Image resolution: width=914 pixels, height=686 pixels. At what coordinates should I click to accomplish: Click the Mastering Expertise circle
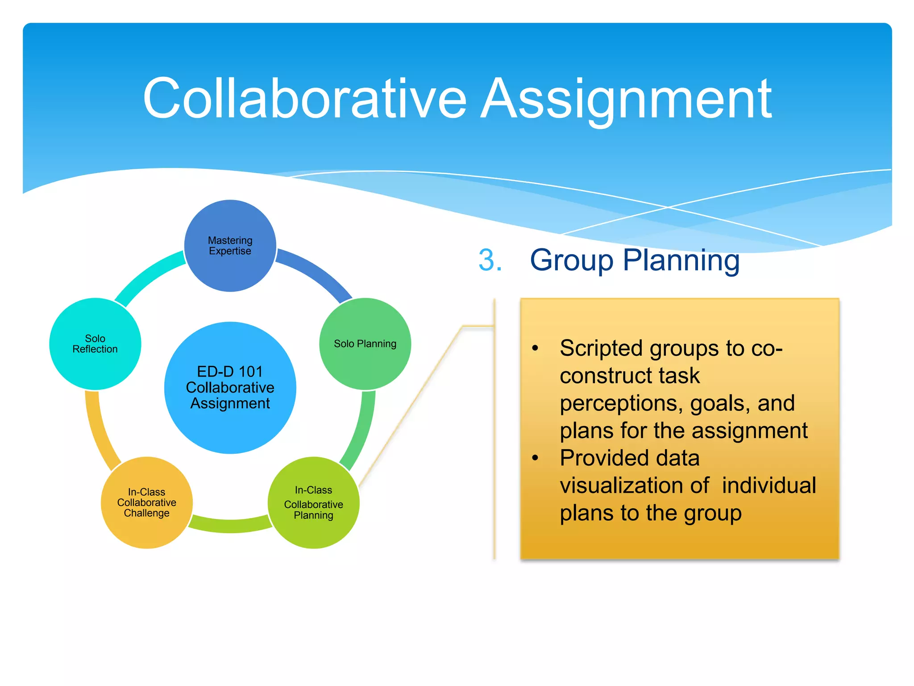[x=230, y=246]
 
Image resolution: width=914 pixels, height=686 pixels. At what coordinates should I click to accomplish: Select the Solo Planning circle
[x=365, y=344]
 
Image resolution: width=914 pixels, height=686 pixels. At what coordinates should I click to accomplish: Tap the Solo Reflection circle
[x=95, y=344]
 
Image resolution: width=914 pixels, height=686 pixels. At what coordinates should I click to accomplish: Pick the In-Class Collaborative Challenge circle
[x=147, y=502]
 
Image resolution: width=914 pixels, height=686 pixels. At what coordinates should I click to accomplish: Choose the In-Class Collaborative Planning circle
[x=313, y=502]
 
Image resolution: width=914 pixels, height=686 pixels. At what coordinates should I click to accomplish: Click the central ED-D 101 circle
[x=230, y=387]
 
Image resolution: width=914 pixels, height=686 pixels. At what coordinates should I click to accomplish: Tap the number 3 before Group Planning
[x=490, y=260]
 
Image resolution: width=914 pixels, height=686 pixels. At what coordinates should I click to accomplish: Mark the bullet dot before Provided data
[x=535, y=458]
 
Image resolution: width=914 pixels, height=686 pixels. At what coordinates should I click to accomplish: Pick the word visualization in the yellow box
[x=634, y=485]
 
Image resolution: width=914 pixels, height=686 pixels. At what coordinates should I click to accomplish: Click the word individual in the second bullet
[x=769, y=485]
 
